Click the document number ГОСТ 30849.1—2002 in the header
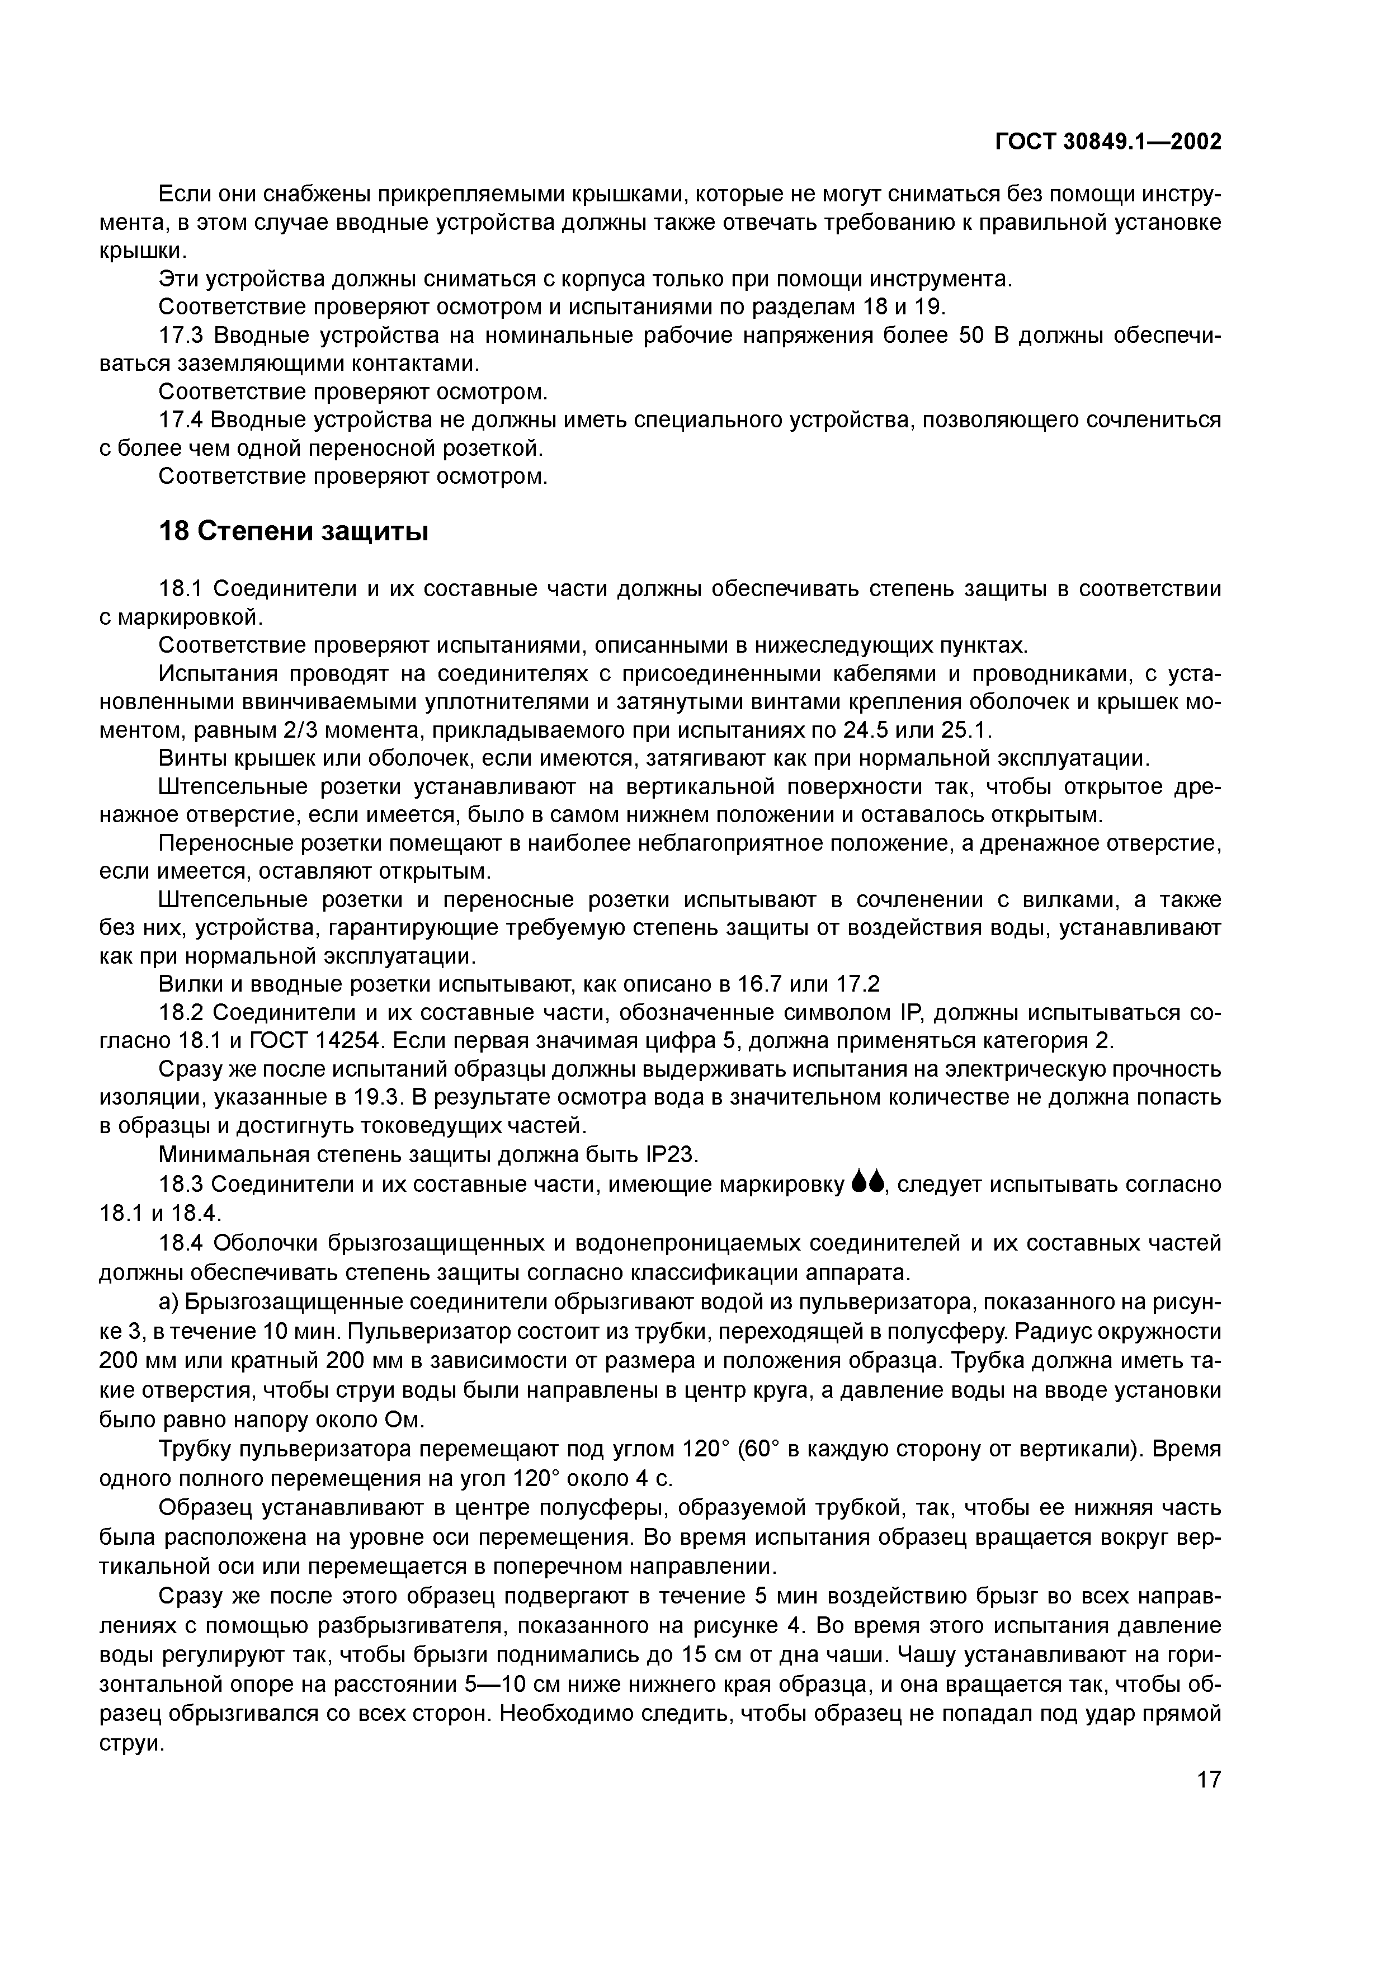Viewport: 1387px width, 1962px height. pyautogui.click(x=1108, y=141)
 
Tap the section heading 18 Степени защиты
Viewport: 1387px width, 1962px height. pyautogui.click(x=293, y=531)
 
